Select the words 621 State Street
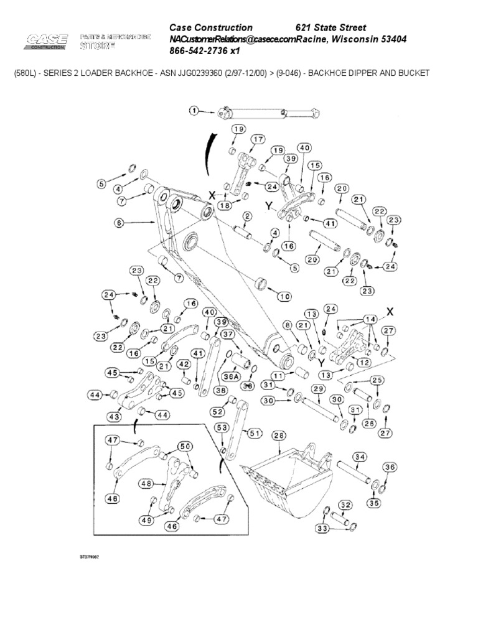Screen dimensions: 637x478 point(330,27)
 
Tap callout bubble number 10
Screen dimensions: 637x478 point(284,297)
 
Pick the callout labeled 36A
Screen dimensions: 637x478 point(232,375)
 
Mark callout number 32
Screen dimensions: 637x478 point(345,504)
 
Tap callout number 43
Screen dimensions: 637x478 point(114,416)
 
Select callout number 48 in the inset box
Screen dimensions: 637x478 point(146,483)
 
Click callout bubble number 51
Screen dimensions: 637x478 point(254,434)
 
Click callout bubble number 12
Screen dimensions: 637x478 point(364,362)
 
